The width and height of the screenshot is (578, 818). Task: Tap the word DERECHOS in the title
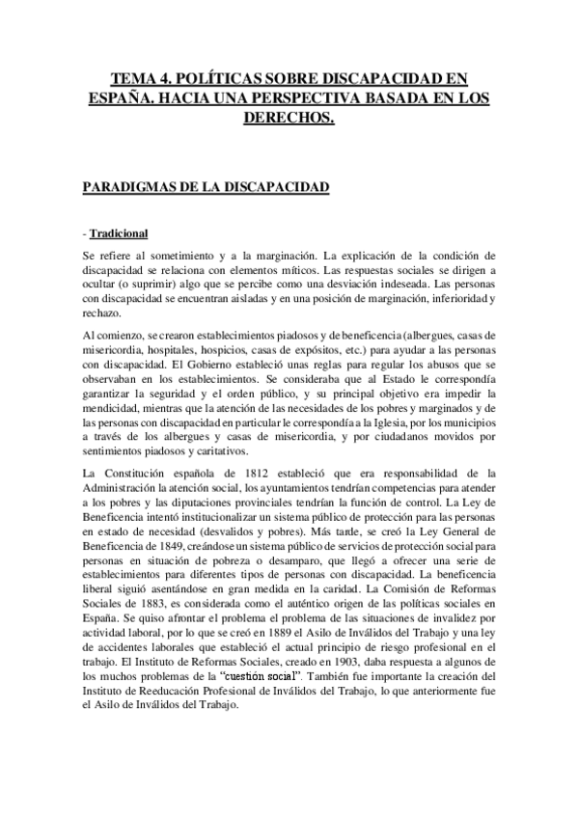(x=287, y=117)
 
